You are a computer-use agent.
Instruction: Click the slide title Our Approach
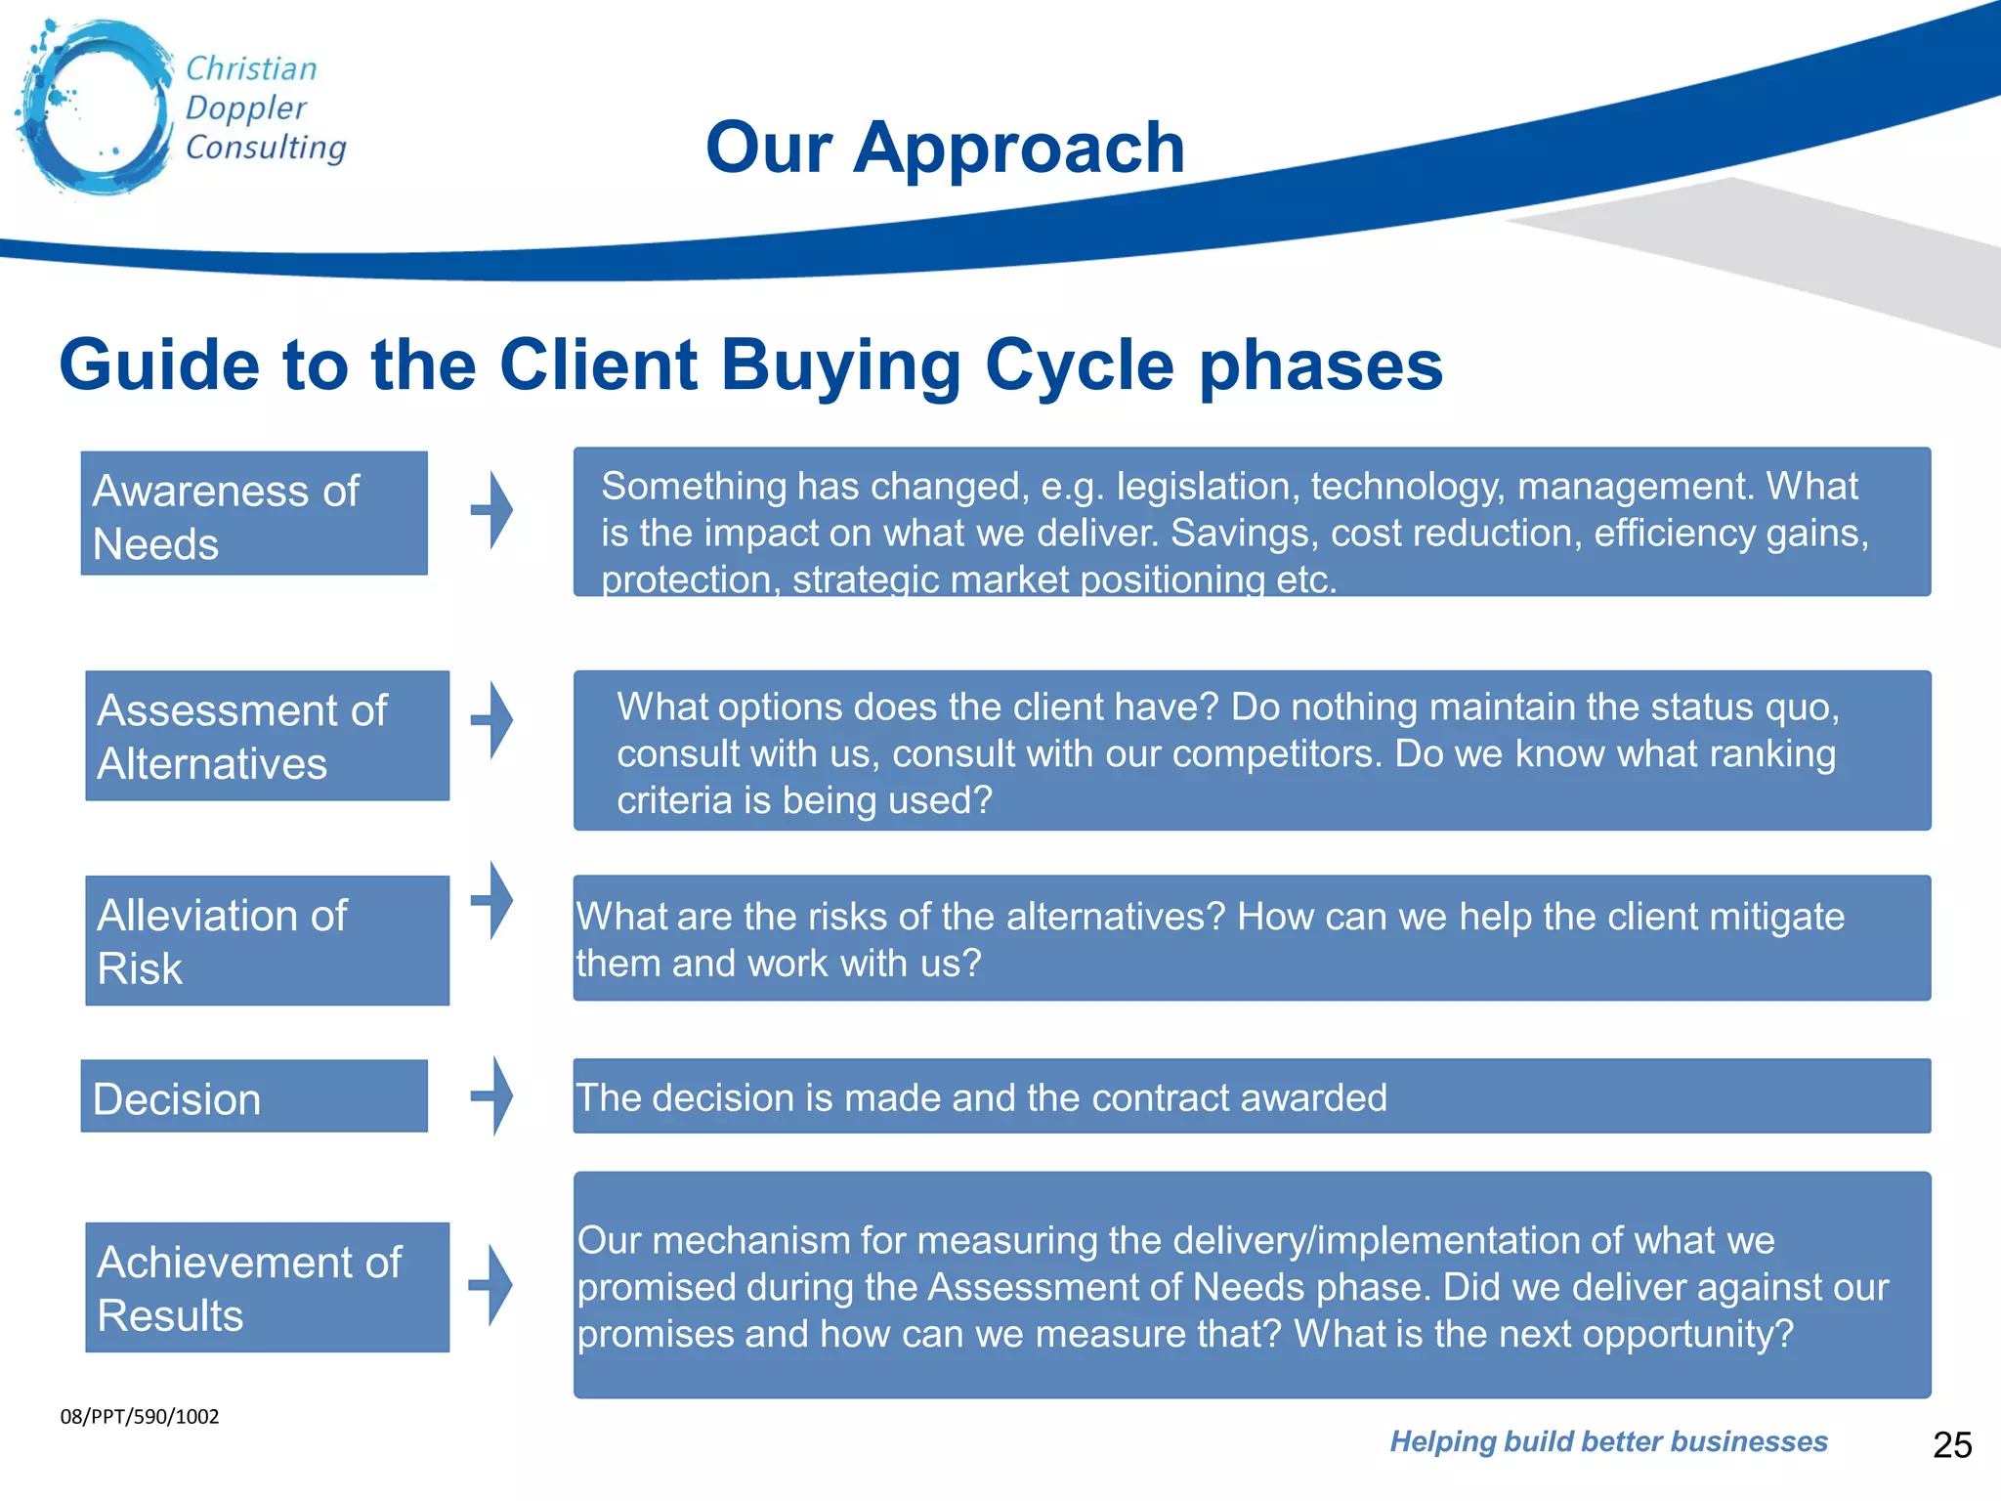945,148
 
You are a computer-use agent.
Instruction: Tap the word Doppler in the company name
245,107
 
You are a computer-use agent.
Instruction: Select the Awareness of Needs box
254,514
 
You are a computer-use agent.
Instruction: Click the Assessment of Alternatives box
267,736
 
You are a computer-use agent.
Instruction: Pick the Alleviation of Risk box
267,940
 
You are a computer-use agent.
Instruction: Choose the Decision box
254,1097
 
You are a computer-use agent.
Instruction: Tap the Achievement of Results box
267,1287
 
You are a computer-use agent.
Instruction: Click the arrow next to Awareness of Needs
493,509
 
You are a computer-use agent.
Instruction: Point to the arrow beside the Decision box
493,1095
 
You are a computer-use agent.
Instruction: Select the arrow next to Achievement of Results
492,1285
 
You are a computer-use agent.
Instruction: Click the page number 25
1952,1445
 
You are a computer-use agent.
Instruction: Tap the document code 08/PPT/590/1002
140,1417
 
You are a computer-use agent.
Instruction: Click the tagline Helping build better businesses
1608,1441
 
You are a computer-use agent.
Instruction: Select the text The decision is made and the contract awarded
981,1098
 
